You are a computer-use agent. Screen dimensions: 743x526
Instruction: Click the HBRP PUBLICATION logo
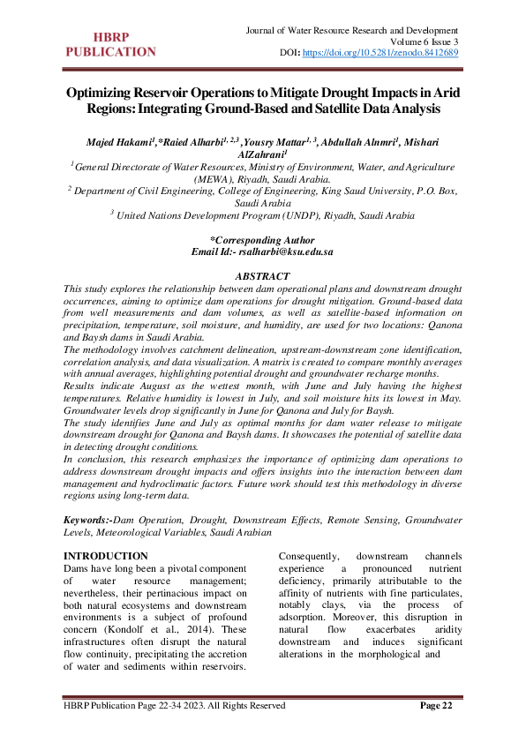[112, 44]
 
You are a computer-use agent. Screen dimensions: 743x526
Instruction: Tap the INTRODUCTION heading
[106, 556]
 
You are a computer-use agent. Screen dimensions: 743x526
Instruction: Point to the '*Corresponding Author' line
[261, 240]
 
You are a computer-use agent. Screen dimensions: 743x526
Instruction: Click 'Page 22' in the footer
[435, 706]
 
